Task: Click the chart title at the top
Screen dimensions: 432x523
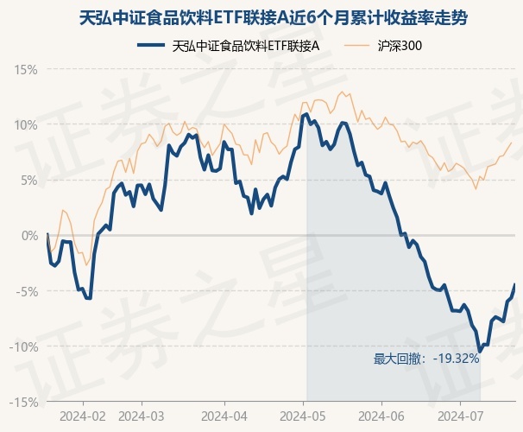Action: pyautogui.click(x=261, y=17)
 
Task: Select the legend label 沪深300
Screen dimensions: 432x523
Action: pyautogui.click(x=400, y=46)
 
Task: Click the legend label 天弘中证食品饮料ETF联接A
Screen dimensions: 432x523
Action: pyautogui.click(x=246, y=46)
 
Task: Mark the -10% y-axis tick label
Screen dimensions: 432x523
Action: pyautogui.click(x=25, y=346)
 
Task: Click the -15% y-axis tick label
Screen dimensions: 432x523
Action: pyautogui.click(x=25, y=402)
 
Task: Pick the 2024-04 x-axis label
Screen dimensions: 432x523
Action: pyautogui.click(x=224, y=416)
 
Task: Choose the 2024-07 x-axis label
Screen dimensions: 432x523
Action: pyautogui.click(x=460, y=416)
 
